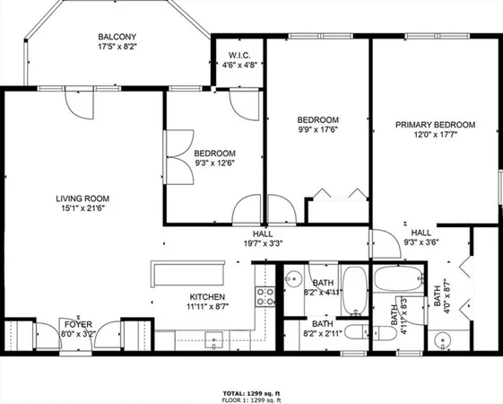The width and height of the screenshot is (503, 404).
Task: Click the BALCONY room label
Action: point(117,38)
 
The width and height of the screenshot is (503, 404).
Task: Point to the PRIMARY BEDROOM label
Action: point(435,125)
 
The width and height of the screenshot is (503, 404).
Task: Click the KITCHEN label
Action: point(206,297)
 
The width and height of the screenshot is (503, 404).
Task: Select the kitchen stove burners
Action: point(265,296)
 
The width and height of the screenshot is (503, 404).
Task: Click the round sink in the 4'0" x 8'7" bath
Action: point(441,339)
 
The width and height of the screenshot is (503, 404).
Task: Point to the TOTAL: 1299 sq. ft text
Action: point(251,393)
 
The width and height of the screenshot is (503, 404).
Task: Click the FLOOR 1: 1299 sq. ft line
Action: point(251,400)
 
